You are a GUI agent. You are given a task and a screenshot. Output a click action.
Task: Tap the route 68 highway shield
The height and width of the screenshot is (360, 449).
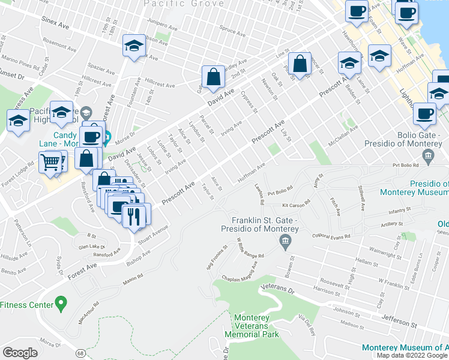(x=80, y=353)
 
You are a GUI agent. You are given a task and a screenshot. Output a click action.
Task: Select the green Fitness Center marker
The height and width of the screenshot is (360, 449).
(x=60, y=304)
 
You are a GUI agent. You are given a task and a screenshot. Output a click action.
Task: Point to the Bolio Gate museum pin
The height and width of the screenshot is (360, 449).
(x=427, y=157)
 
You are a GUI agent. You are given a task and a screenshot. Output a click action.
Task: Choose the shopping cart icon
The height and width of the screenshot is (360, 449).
(x=50, y=161)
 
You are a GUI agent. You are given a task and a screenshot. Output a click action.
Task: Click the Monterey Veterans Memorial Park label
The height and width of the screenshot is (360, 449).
(x=252, y=326)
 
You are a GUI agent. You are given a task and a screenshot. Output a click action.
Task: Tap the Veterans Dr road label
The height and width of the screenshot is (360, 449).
(x=280, y=291)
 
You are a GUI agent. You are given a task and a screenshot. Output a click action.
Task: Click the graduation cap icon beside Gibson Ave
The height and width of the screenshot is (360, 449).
(x=134, y=46)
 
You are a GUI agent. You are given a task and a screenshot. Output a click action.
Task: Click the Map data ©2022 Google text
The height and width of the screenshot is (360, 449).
(x=412, y=355)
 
